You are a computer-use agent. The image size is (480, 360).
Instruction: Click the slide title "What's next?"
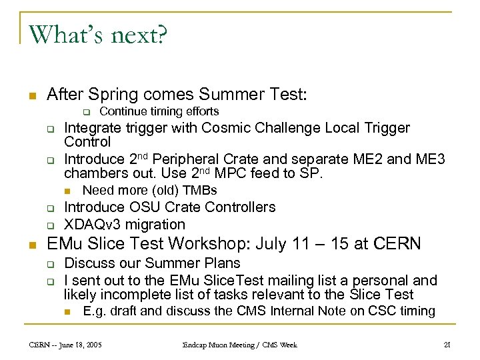98,34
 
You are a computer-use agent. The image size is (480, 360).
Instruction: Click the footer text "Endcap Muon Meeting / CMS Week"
240,344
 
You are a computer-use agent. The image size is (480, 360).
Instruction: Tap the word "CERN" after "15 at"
398,243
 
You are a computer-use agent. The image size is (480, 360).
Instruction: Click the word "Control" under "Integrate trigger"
87,142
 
